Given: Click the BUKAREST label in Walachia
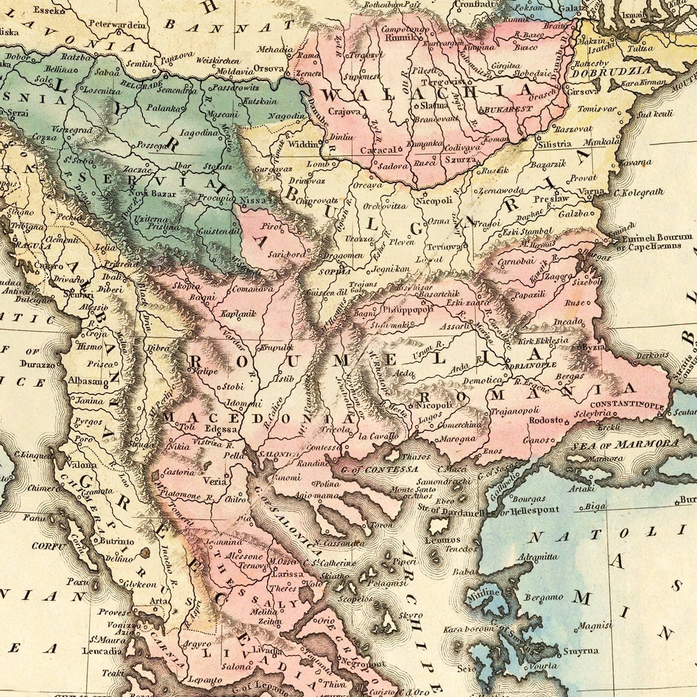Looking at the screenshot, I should (506, 109).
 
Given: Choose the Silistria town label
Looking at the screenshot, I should (554, 144).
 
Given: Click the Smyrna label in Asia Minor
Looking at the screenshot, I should (580, 651).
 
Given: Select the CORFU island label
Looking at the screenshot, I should (48, 546).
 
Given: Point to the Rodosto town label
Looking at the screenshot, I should (546, 421).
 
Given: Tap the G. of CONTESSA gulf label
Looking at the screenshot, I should (379, 469).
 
